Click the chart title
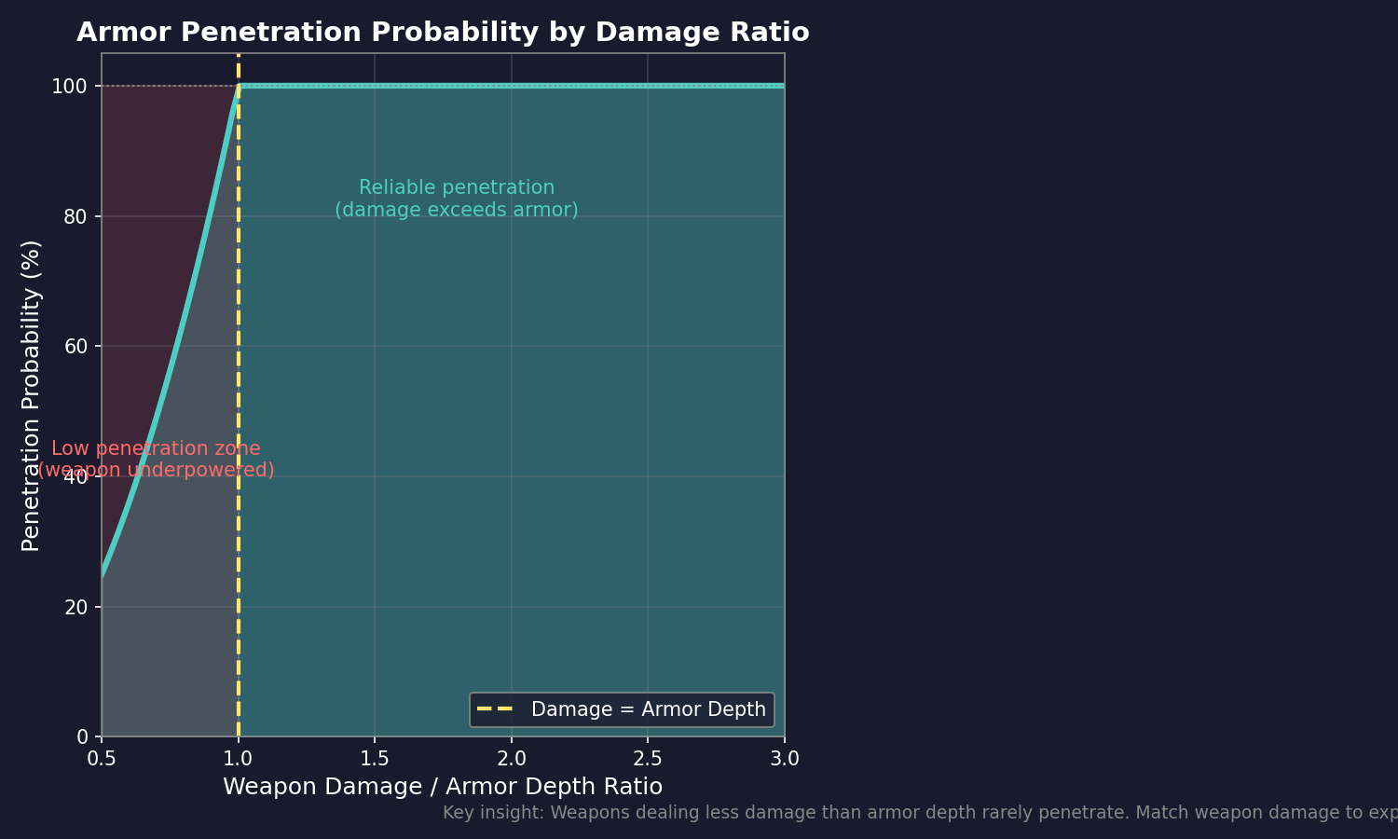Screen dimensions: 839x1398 (x=443, y=33)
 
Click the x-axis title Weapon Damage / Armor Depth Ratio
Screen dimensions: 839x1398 (x=443, y=787)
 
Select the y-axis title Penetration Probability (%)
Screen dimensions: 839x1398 (x=31, y=395)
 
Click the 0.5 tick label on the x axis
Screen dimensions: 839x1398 (x=102, y=759)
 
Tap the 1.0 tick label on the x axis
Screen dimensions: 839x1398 (x=239, y=759)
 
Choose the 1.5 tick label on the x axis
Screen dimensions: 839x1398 (x=375, y=759)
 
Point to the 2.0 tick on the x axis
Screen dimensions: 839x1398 (x=512, y=759)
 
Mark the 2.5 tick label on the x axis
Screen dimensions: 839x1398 (x=648, y=759)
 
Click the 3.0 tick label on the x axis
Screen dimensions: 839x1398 (x=785, y=759)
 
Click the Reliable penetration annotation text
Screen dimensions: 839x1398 (x=457, y=199)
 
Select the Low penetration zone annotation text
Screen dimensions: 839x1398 (x=156, y=460)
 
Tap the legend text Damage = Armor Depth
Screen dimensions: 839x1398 (x=648, y=709)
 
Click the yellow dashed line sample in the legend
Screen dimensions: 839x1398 (x=495, y=709)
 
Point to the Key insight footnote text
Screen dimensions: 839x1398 (x=918, y=813)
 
